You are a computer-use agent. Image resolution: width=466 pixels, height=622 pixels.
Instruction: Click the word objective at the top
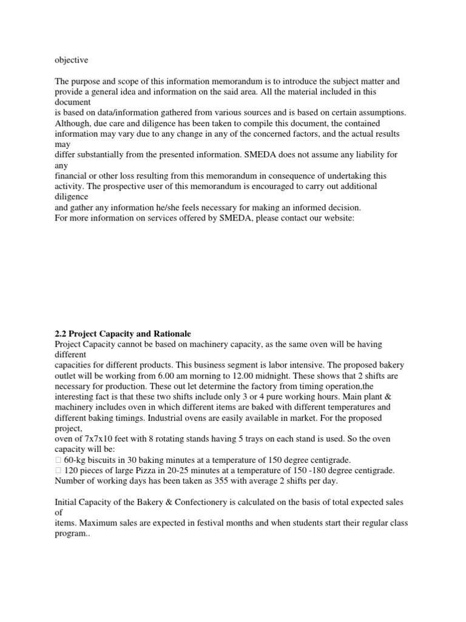pos(71,60)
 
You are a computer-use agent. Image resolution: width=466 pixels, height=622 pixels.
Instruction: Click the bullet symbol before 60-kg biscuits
pos(57,460)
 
